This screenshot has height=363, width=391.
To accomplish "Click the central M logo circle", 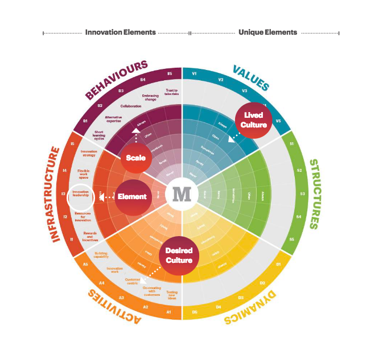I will (182, 194).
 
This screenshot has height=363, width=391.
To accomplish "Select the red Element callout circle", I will (131, 197).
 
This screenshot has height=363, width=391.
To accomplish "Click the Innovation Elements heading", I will (120, 32).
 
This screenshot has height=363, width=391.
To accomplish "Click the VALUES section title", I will (250, 77).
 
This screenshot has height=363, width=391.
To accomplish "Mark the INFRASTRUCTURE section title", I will (56, 194).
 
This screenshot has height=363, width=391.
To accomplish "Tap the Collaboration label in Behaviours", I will (131, 106).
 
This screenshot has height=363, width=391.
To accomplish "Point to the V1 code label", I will (195, 74).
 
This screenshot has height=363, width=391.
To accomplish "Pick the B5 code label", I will (170, 74).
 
